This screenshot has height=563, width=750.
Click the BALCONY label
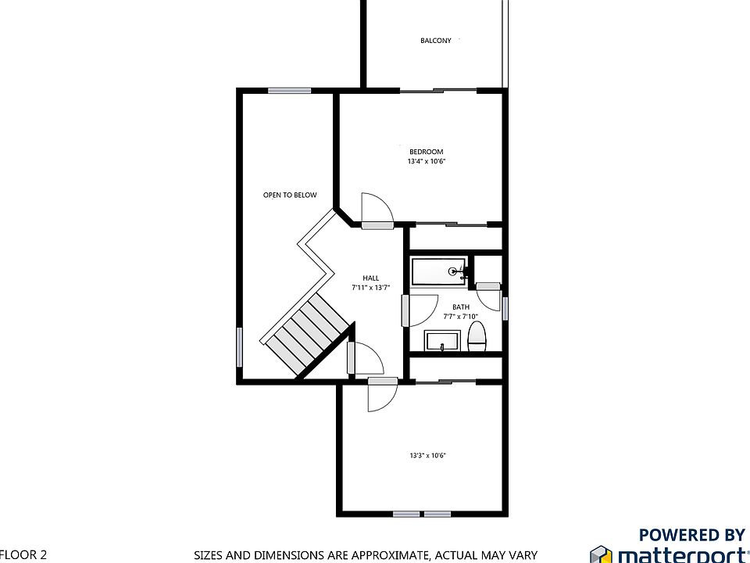coord(435,41)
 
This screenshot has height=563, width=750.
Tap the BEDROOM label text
coord(427,152)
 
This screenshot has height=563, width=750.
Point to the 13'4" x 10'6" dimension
coord(427,161)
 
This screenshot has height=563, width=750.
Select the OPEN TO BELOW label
coord(290,195)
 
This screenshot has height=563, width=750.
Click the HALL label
coord(370,278)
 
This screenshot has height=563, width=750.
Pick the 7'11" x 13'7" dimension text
coord(370,288)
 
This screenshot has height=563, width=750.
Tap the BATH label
coord(461,307)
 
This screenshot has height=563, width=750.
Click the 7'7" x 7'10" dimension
coord(461,317)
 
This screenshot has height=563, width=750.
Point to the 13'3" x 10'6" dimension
coord(427,456)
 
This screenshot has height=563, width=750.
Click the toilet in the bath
coord(477,337)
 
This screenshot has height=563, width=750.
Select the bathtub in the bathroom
coord(438,271)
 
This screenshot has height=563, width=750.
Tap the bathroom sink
coord(442,341)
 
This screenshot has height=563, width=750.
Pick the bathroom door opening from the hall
coord(420,310)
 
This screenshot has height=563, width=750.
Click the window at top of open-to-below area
coord(289,91)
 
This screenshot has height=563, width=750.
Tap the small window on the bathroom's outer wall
coord(505,308)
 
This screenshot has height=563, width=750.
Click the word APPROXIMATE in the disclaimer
coord(390,555)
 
